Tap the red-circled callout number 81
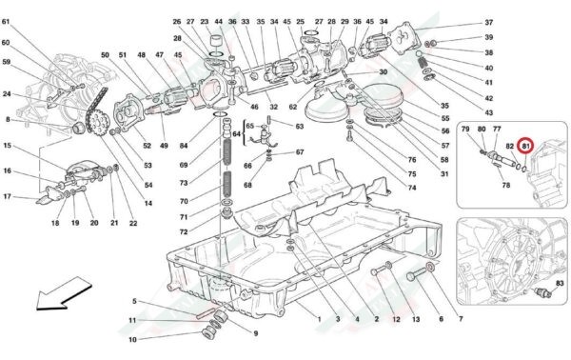(x=525, y=146)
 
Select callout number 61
(x=6, y=22)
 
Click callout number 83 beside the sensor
(x=561, y=283)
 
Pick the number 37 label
(x=489, y=23)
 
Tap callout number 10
(x=132, y=340)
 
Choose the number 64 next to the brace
(x=237, y=134)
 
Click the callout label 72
(x=184, y=232)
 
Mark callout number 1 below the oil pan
(x=320, y=319)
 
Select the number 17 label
(x=7, y=197)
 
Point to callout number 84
(x=184, y=146)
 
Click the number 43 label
(x=489, y=113)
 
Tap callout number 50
(x=105, y=55)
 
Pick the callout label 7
(x=461, y=319)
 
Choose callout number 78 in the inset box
(x=506, y=185)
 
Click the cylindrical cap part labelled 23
(x=217, y=43)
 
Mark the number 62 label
(x=293, y=107)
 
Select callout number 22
(x=133, y=224)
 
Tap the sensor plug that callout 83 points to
(x=542, y=292)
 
